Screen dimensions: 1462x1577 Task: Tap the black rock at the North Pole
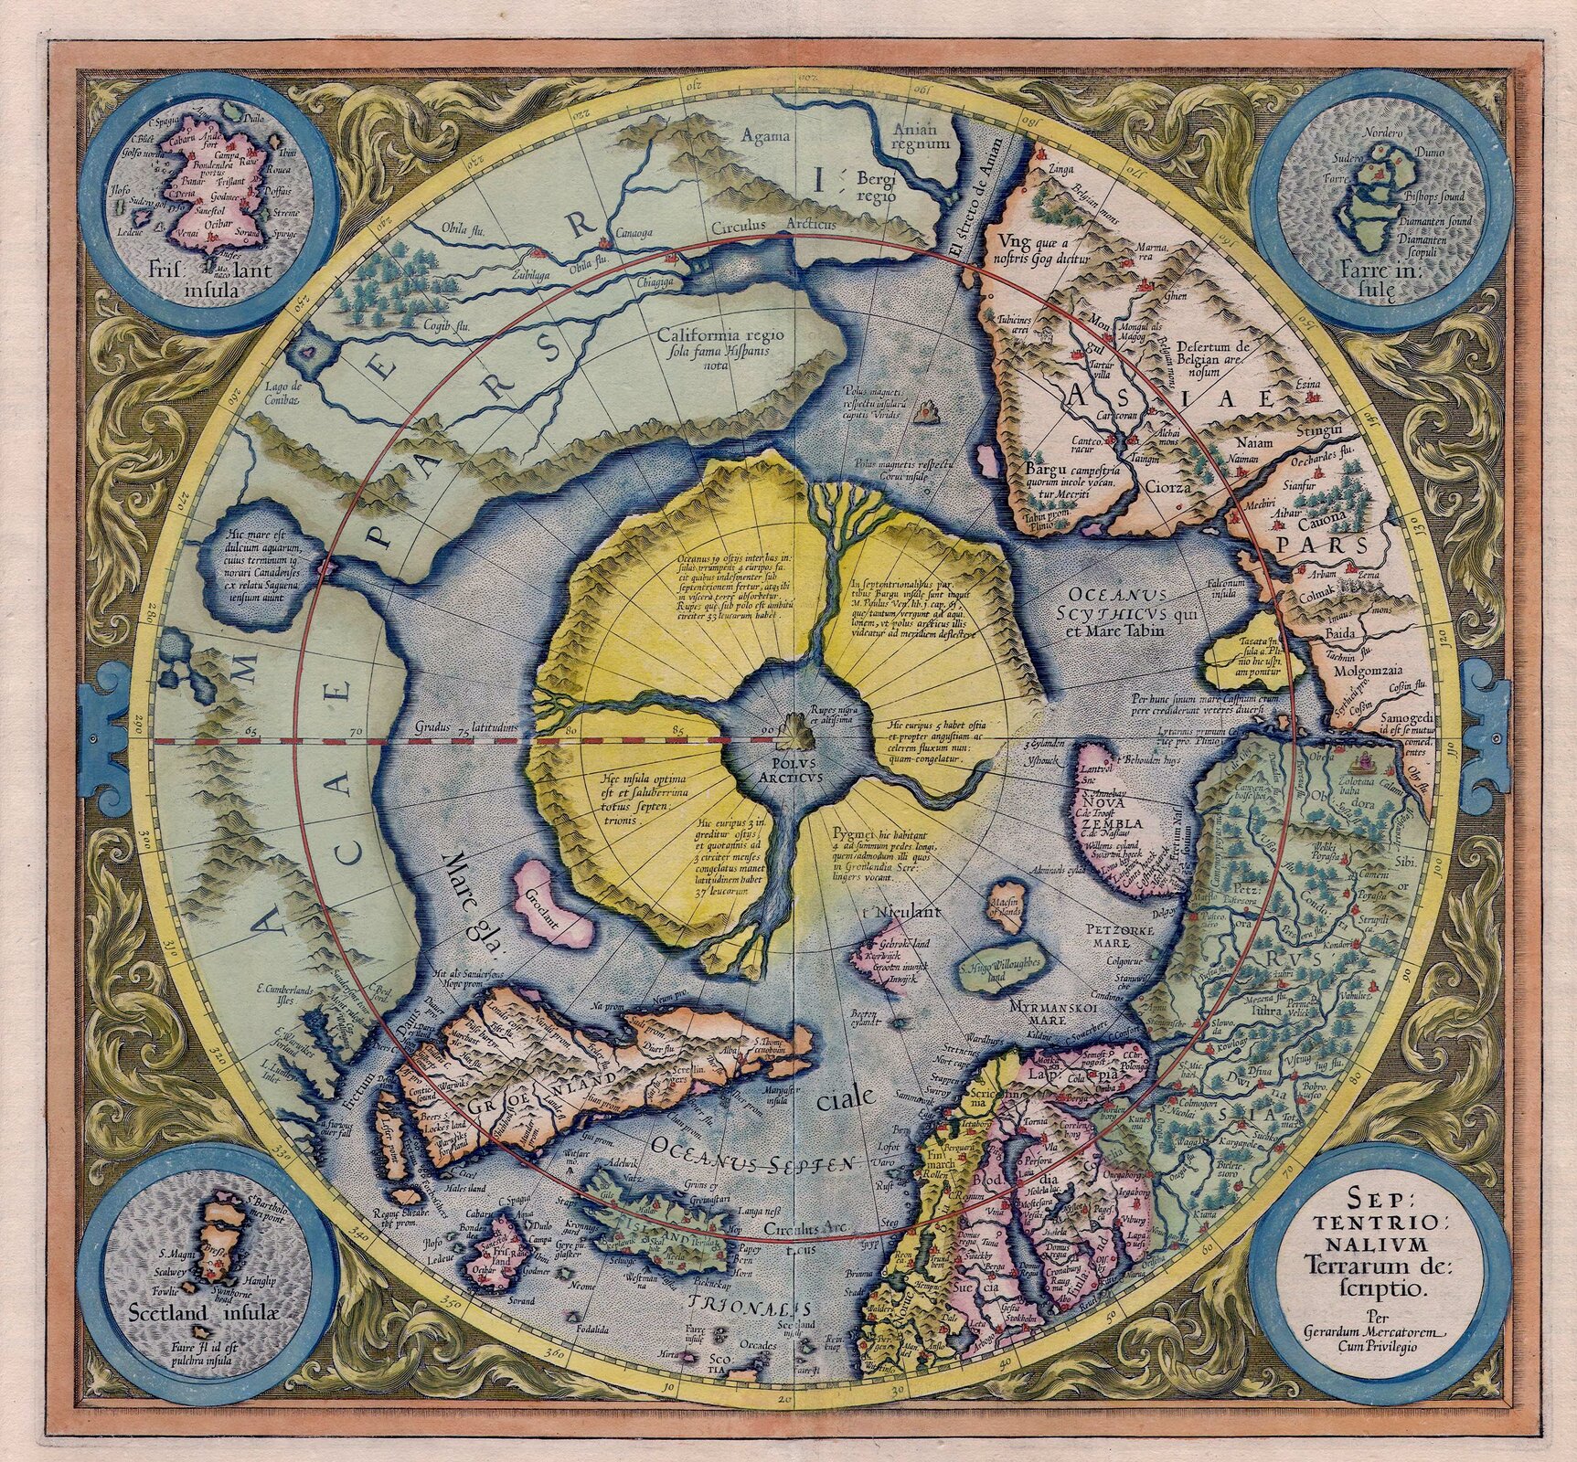coord(789,730)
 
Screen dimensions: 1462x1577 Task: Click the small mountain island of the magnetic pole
coord(929,413)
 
